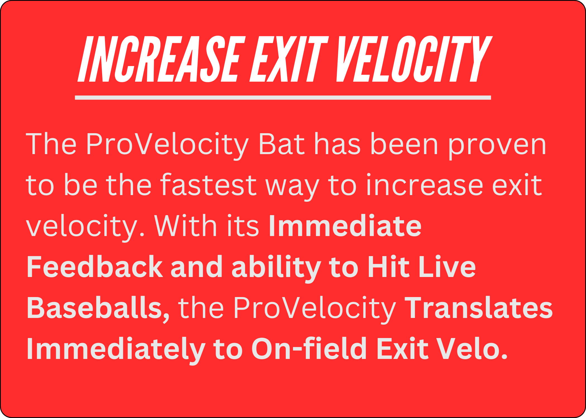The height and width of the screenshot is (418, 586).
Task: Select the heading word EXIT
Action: (x=289, y=59)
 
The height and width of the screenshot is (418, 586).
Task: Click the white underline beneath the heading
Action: (x=283, y=98)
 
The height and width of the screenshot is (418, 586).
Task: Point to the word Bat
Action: (x=281, y=144)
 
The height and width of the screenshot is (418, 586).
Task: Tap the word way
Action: (x=292, y=188)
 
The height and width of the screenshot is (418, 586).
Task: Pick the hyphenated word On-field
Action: (x=309, y=348)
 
